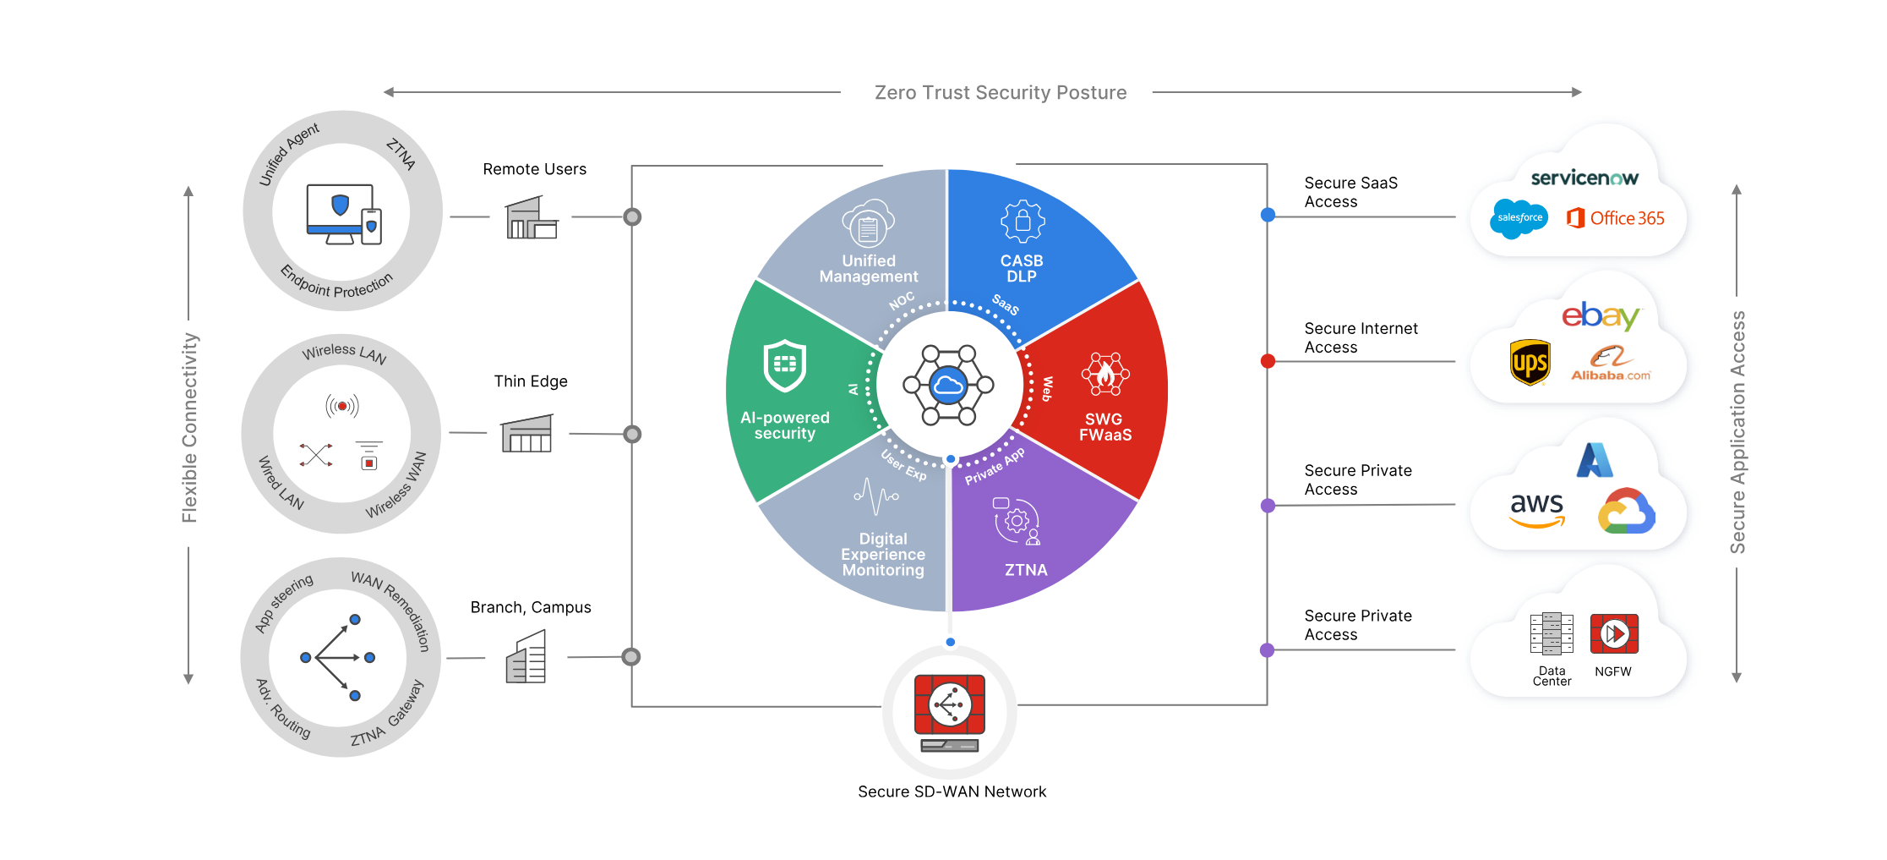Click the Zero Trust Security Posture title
(x=1000, y=93)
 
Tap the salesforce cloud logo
(x=1519, y=218)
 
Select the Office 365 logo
(x=1616, y=218)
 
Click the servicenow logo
(x=1584, y=178)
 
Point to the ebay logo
(x=1600, y=316)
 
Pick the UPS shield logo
(x=1530, y=363)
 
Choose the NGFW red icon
(x=1614, y=634)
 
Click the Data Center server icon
(x=1552, y=634)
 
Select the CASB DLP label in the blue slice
(x=1022, y=269)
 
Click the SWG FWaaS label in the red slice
(x=1104, y=427)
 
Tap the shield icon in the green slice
(x=785, y=365)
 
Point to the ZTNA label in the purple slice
(x=1026, y=571)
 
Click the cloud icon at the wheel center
(x=948, y=386)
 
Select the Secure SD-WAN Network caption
(x=952, y=792)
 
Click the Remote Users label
(x=534, y=169)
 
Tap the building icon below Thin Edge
(x=527, y=434)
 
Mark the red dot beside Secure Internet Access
(x=1268, y=361)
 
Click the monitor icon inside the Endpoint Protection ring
(x=340, y=214)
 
